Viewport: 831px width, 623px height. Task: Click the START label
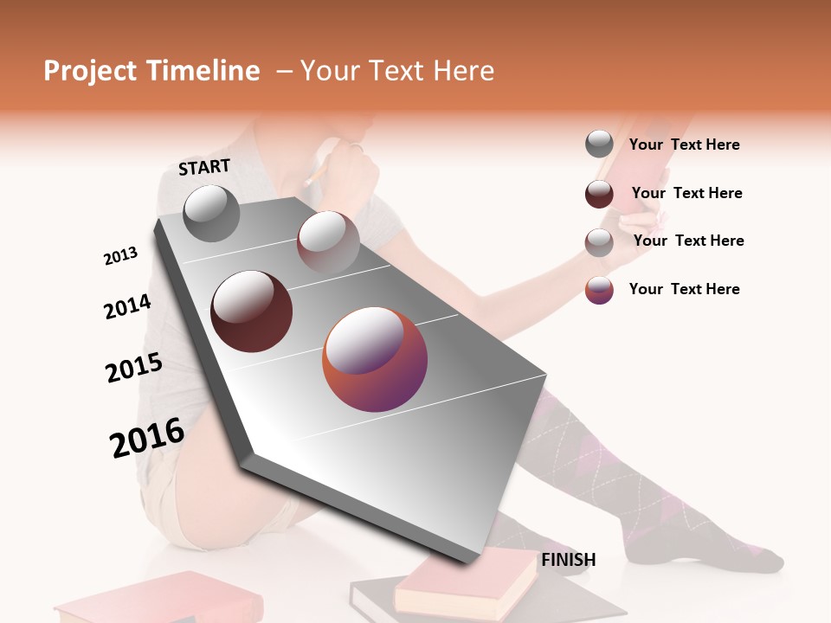(x=204, y=166)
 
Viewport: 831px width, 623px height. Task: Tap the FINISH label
(x=568, y=560)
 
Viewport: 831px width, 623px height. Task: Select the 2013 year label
(x=120, y=256)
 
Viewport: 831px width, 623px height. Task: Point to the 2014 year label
(x=127, y=306)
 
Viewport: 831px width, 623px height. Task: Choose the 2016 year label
(x=147, y=438)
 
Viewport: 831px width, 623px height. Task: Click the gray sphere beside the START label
(x=212, y=213)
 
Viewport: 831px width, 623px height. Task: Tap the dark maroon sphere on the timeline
(x=251, y=311)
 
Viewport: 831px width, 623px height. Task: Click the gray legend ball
(x=599, y=144)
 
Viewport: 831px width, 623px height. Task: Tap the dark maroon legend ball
(x=599, y=194)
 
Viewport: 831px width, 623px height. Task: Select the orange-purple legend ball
(x=599, y=290)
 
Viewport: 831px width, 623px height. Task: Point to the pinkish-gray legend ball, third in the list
(x=599, y=242)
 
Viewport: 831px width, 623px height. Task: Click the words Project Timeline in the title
(x=151, y=71)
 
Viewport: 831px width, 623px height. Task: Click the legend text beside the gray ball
(x=684, y=145)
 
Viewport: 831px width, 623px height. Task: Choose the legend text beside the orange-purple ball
(x=684, y=289)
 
